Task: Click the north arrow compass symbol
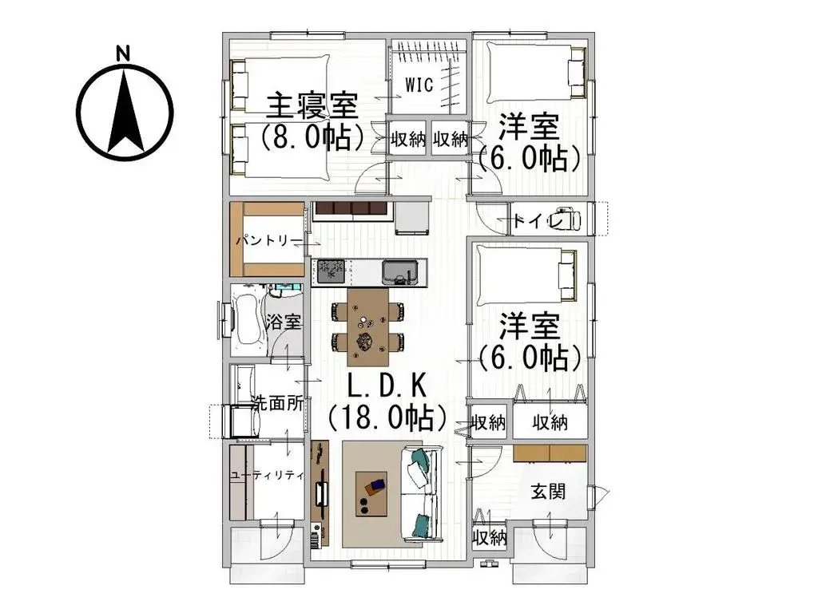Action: (x=125, y=111)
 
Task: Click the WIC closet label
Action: (x=419, y=85)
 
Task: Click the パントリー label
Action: (x=268, y=240)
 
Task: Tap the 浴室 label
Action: (x=284, y=322)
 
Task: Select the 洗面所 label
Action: (x=276, y=403)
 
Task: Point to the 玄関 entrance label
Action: (x=548, y=490)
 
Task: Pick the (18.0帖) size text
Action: (x=387, y=417)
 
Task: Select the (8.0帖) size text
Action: (x=312, y=136)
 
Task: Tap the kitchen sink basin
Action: (x=397, y=272)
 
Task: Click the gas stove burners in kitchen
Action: (x=329, y=271)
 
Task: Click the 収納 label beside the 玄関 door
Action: (x=489, y=537)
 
